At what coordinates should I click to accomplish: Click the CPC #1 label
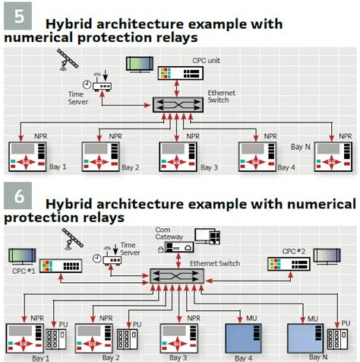click(x=18, y=271)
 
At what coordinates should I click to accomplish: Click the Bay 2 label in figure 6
click(x=111, y=357)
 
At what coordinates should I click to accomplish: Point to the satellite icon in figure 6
click(x=72, y=238)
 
